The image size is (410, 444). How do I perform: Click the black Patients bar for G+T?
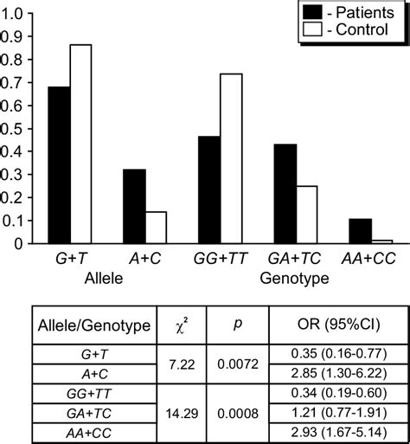click(60, 165)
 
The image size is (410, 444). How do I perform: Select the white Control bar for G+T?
click(80, 144)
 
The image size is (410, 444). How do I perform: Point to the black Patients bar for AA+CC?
click(359, 231)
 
